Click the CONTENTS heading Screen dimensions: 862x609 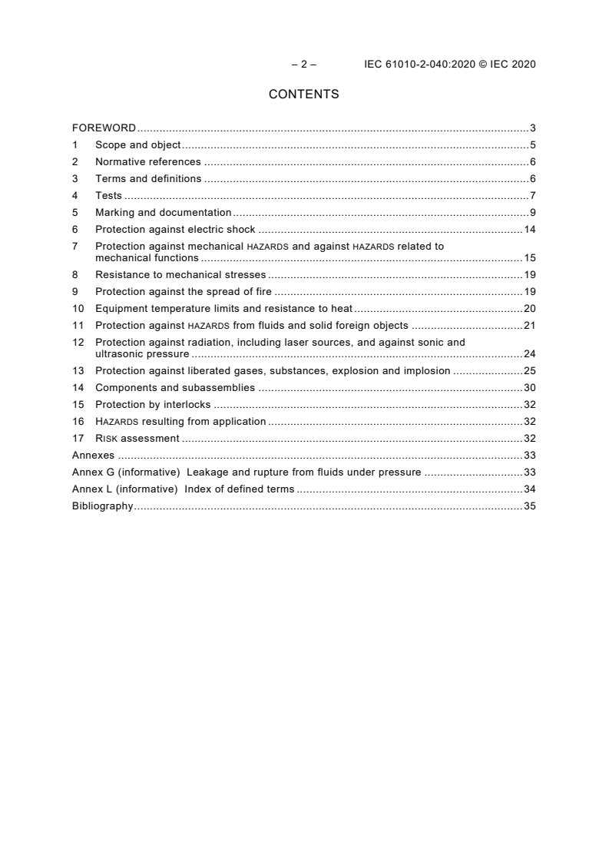pyautogui.click(x=303, y=94)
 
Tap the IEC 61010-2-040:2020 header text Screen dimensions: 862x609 pyautogui.click(x=449, y=65)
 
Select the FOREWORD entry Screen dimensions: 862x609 pyautogui.click(x=104, y=128)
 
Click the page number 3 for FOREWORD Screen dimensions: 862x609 pyautogui.click(x=532, y=128)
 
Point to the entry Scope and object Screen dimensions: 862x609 pyautogui.click(x=137, y=144)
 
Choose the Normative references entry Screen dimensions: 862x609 pyautogui.click(x=147, y=161)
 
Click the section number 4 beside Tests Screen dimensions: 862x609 pyautogui.click(x=75, y=195)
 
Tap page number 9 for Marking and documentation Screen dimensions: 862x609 pyautogui.click(x=532, y=212)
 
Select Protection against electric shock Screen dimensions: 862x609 pyautogui.click(x=175, y=229)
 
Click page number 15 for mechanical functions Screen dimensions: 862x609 pyautogui.click(x=529, y=258)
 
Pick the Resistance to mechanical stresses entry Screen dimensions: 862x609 pyautogui.click(x=180, y=274)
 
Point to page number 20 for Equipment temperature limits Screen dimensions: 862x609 pyautogui.click(x=529, y=308)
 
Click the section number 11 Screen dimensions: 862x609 pyautogui.click(x=78, y=325)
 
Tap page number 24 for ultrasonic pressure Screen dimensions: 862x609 pyautogui.click(x=529, y=354)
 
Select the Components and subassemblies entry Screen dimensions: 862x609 pyautogui.click(x=175, y=387)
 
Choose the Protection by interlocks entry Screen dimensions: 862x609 pyautogui.click(x=153, y=404)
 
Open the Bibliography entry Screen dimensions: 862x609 pyautogui.click(x=102, y=506)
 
